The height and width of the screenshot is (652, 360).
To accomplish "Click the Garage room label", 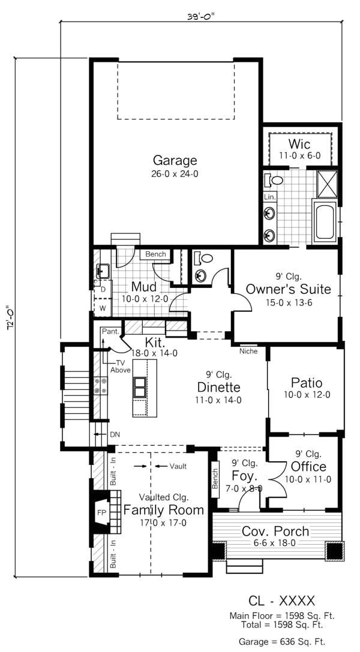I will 175,160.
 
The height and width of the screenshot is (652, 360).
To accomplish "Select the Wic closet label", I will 299,144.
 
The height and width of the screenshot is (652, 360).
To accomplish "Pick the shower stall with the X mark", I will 327,184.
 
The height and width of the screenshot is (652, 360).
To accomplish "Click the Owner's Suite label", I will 289,289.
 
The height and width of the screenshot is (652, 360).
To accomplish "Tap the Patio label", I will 307,383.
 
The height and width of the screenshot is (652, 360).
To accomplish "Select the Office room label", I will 308,466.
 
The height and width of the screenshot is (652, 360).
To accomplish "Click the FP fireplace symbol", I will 101,513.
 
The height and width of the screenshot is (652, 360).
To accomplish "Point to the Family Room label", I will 163,510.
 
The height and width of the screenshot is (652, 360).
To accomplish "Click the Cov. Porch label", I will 275,531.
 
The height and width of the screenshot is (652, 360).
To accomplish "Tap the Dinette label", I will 218,387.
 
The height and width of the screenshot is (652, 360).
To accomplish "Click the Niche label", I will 248,351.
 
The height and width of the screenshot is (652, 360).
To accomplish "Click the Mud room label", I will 144,286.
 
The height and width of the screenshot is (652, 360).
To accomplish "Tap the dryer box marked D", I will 103,290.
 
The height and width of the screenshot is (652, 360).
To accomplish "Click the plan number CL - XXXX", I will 281,600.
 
